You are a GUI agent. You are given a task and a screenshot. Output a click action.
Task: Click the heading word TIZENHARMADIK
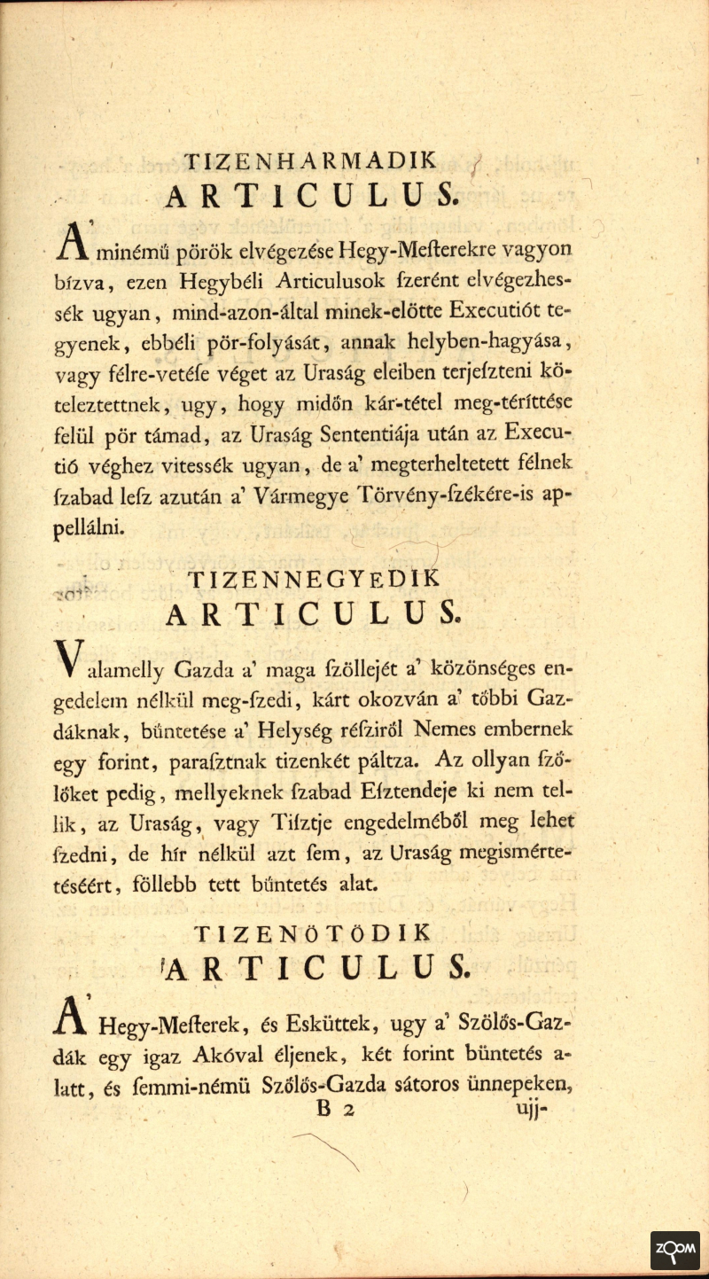click(310, 161)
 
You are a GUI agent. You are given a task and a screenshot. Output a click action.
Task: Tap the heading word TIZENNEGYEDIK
click(314, 579)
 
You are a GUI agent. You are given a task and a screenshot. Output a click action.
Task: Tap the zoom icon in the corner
click(674, 1251)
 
